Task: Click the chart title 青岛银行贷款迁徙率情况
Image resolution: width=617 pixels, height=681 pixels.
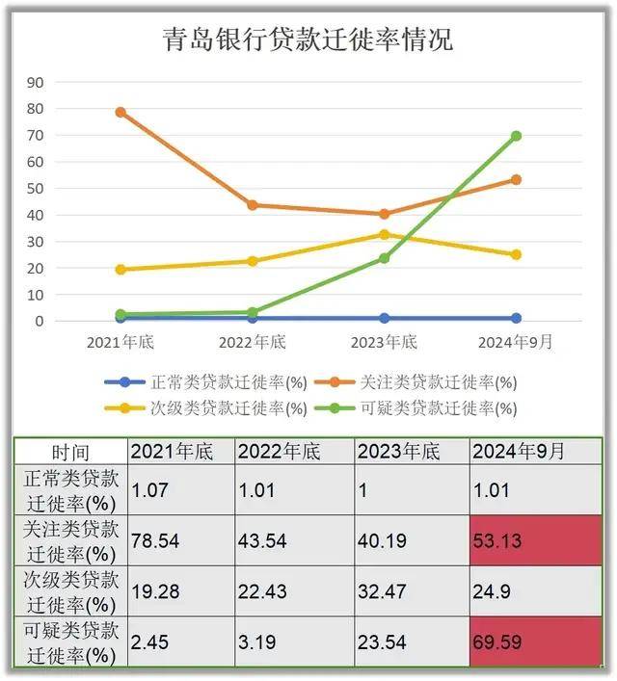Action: coord(307,39)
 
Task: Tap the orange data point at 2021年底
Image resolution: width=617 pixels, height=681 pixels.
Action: coord(121,112)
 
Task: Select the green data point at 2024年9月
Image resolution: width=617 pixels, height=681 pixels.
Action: coord(516,136)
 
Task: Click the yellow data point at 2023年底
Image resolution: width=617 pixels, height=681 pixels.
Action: coord(384,234)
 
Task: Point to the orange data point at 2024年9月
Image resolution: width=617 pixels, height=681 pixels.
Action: coord(516,179)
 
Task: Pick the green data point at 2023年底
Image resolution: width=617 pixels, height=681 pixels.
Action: coord(384,258)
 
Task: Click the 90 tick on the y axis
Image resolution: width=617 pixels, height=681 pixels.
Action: coord(36,82)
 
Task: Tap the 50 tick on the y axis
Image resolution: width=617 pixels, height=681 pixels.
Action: coord(36,188)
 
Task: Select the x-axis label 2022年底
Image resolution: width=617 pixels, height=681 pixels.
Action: coord(253,343)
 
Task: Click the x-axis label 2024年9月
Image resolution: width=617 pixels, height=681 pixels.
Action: coord(516,343)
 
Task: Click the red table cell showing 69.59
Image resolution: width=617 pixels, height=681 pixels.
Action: coord(536,642)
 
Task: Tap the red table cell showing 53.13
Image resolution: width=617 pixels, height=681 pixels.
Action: coord(536,540)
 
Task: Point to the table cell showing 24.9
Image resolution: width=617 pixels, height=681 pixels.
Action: coord(536,591)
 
